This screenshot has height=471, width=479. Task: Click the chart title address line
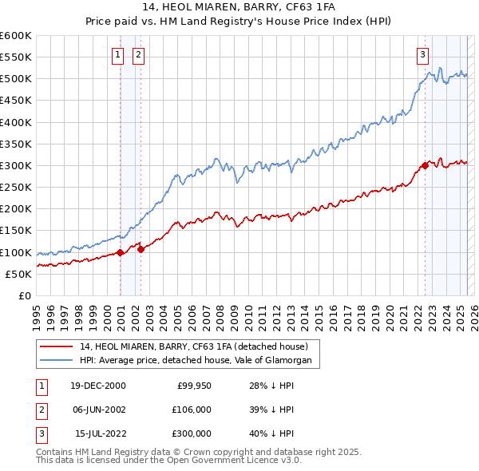pos(239,8)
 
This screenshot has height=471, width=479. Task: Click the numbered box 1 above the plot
pos(117,54)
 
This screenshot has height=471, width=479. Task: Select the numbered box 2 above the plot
pos(138,54)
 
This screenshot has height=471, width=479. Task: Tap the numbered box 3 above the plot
pos(422,54)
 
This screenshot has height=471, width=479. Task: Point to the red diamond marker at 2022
pos(425,166)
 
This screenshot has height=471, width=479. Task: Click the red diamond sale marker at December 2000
pos(120,252)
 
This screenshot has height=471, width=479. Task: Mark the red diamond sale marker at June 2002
pos(141,249)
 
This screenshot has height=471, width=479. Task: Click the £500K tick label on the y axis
pos(16,79)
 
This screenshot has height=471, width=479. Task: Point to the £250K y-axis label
pos(16,188)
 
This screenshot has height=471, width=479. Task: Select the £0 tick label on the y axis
pos(24,295)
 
